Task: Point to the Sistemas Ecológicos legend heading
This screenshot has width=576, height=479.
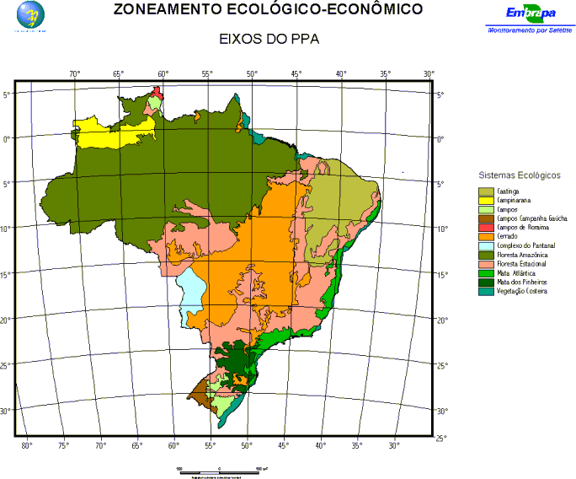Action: click(519, 175)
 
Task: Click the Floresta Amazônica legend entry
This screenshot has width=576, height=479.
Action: click(523, 255)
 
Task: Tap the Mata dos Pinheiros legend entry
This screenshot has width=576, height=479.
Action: click(522, 282)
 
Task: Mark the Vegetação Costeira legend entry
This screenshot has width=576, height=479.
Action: click(522, 291)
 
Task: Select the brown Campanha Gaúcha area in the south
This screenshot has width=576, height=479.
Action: click(200, 390)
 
